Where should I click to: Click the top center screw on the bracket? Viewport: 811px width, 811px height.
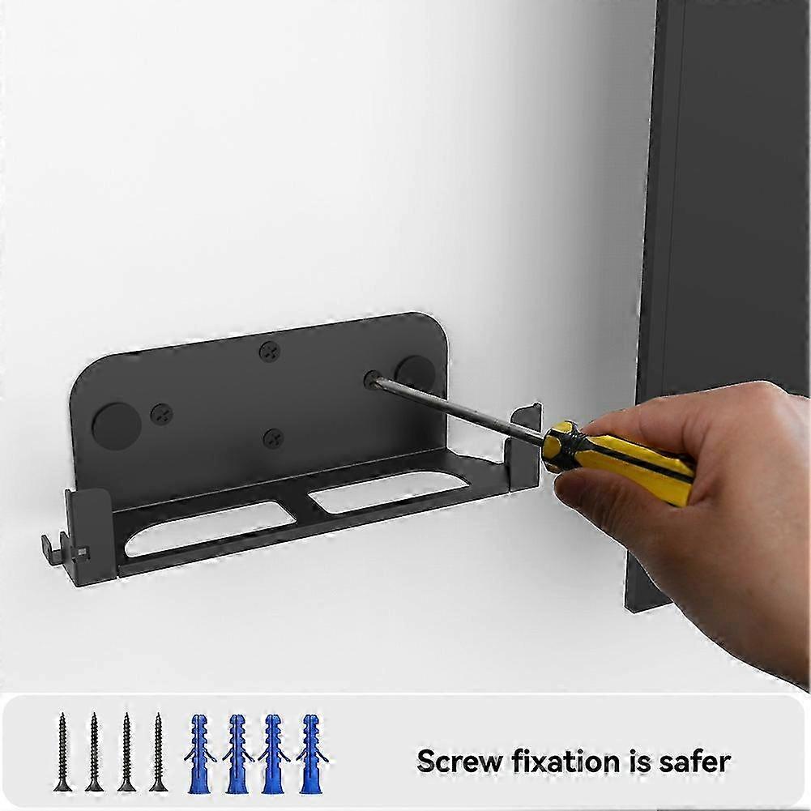pos(270,352)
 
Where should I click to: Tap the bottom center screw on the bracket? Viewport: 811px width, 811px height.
pos(273,439)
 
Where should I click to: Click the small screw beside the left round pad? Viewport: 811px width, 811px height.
pos(161,414)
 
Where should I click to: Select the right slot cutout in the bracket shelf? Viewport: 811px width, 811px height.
pos(389,490)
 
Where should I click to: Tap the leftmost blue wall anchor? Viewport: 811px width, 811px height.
pos(199,753)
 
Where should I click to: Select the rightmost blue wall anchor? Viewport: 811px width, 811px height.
pos(311,753)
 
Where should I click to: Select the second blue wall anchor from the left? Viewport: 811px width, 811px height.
pos(237,753)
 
